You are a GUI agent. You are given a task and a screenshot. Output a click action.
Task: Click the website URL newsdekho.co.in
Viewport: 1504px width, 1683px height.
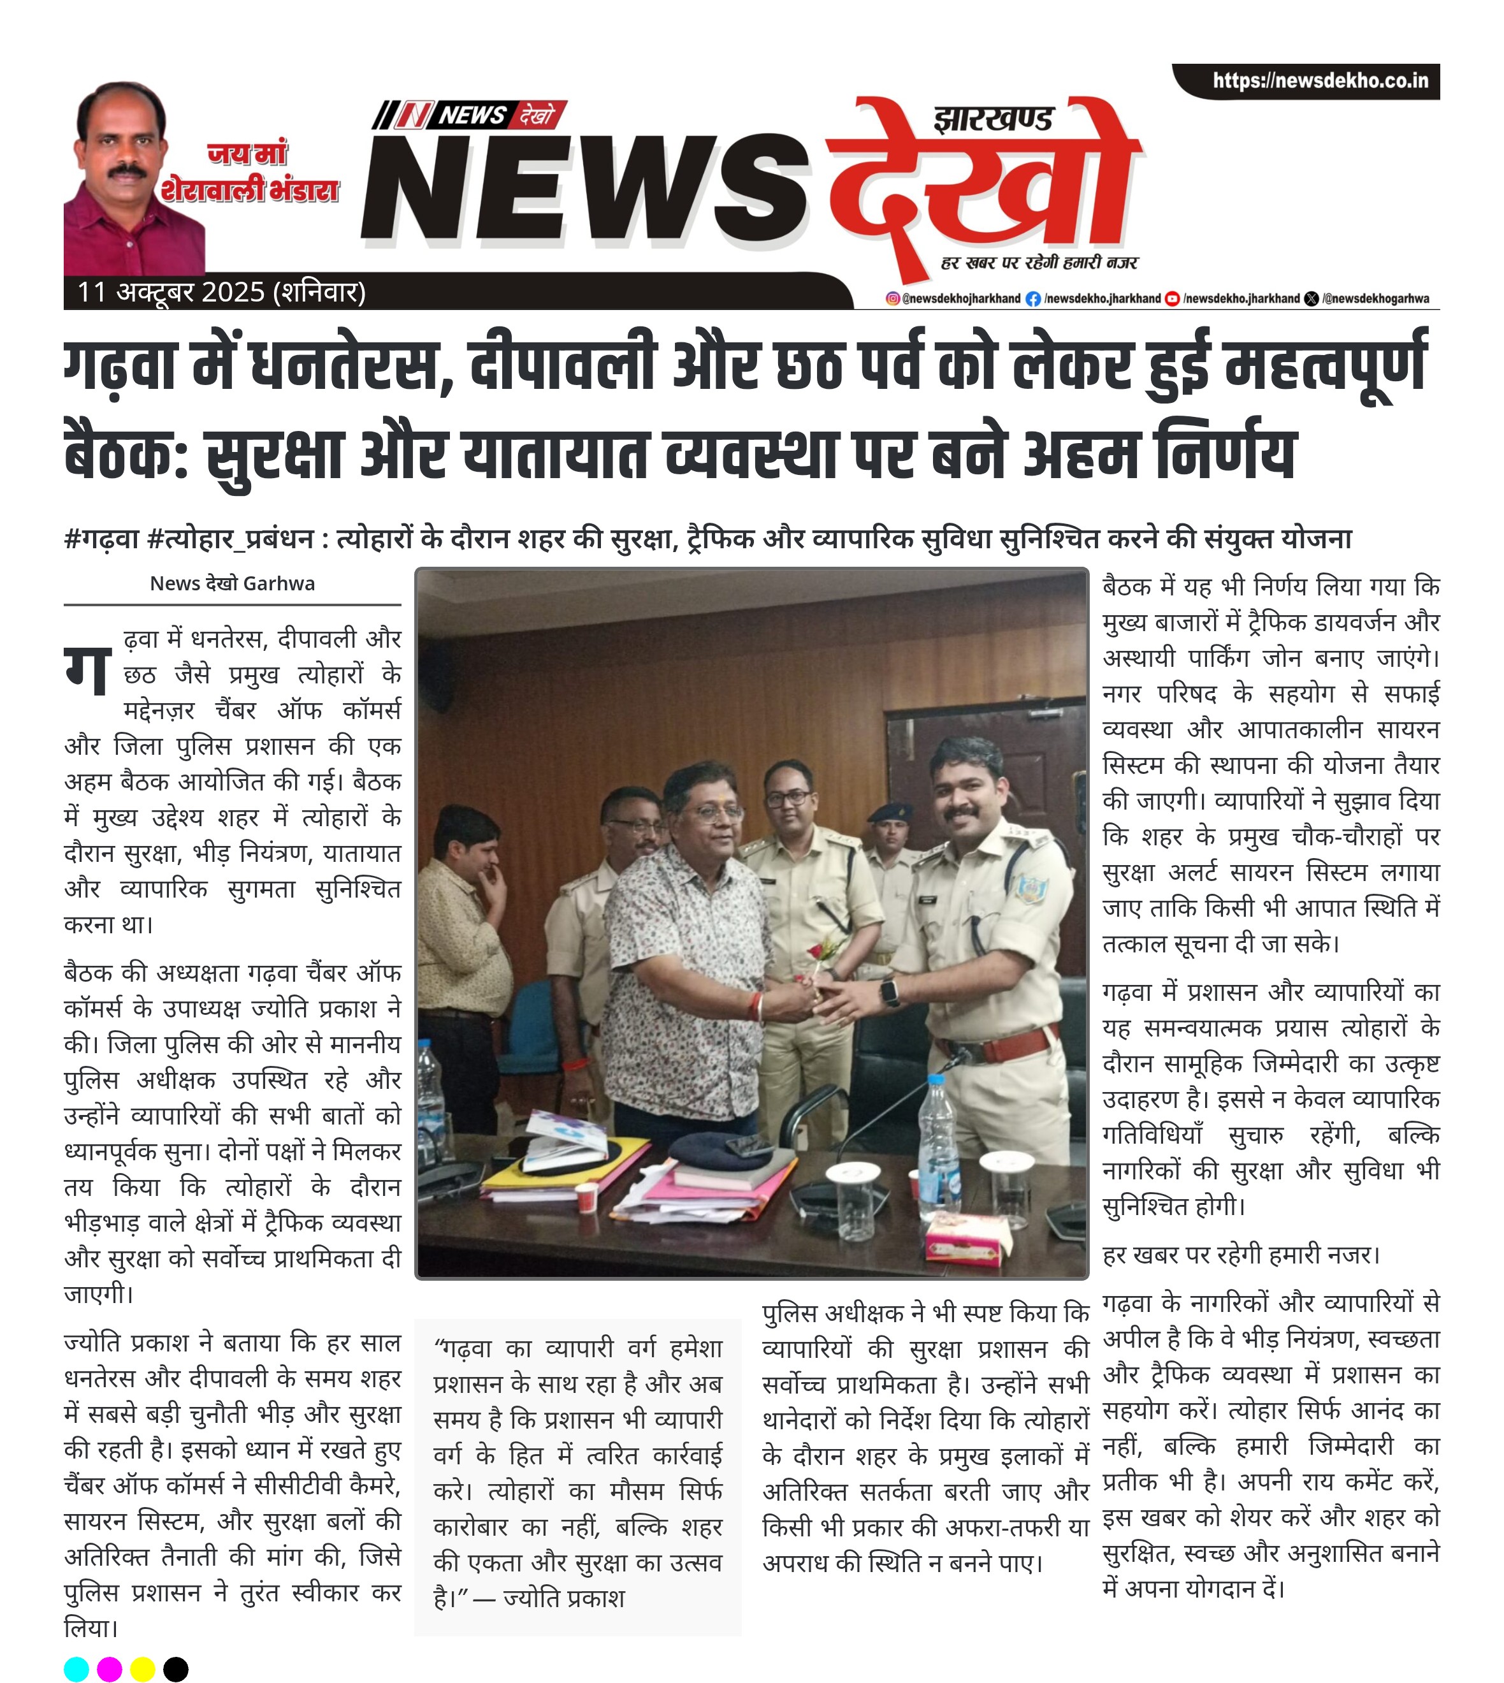[1320, 81]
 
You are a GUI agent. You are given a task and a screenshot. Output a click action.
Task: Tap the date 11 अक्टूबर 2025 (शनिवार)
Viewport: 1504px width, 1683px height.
[222, 292]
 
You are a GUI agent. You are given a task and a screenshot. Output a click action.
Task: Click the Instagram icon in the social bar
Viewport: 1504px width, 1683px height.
[892, 298]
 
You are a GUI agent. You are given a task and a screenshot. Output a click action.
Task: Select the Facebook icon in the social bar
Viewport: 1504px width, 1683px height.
[1033, 298]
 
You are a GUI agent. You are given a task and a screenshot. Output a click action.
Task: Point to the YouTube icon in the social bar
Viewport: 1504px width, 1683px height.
[1172, 298]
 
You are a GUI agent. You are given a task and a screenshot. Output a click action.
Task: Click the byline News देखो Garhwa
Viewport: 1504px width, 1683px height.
[232, 583]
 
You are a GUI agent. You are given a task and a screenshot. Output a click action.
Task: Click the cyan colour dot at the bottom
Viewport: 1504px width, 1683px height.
[76, 1669]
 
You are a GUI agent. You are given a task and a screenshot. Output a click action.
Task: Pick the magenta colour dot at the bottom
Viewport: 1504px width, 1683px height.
[109, 1669]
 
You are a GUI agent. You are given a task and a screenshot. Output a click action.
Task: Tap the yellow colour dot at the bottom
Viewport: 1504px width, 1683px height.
[142, 1669]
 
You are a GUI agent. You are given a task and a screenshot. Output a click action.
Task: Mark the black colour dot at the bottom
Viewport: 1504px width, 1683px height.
[175, 1669]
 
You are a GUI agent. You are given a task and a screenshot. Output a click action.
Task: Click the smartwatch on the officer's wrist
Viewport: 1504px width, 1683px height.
[890, 991]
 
